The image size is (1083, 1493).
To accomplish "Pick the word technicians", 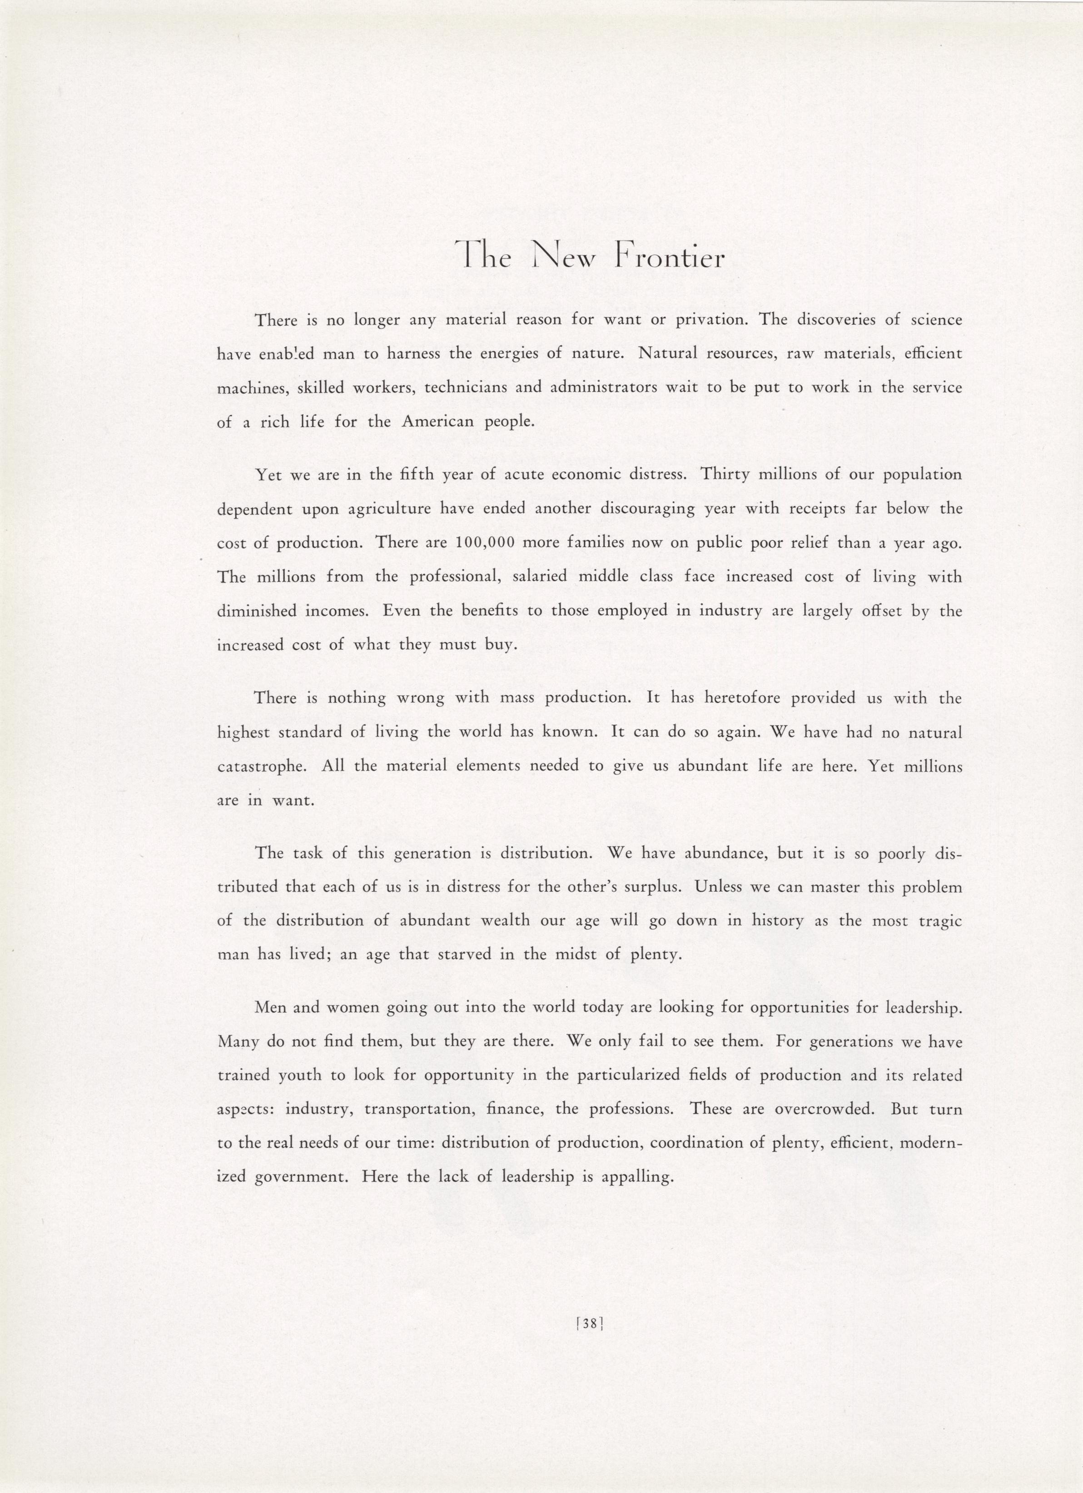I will (466, 388).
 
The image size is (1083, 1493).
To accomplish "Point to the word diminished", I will (256, 611).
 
